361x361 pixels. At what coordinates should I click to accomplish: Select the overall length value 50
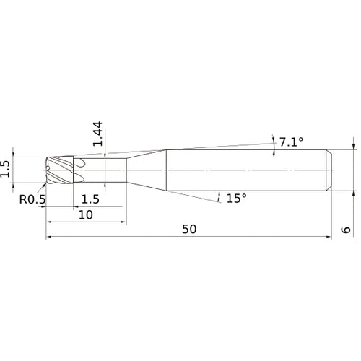tap(189, 229)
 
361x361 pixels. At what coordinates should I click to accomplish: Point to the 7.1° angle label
tap(291, 142)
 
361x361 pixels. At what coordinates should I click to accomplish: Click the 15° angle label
tap(236, 198)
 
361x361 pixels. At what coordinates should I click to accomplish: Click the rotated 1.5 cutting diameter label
tap(6, 170)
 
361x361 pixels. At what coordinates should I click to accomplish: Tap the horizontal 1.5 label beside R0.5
tap(90, 199)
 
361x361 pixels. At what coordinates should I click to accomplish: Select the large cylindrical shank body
tap(245, 170)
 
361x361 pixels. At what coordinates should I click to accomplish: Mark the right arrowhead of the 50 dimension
tap(329, 237)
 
